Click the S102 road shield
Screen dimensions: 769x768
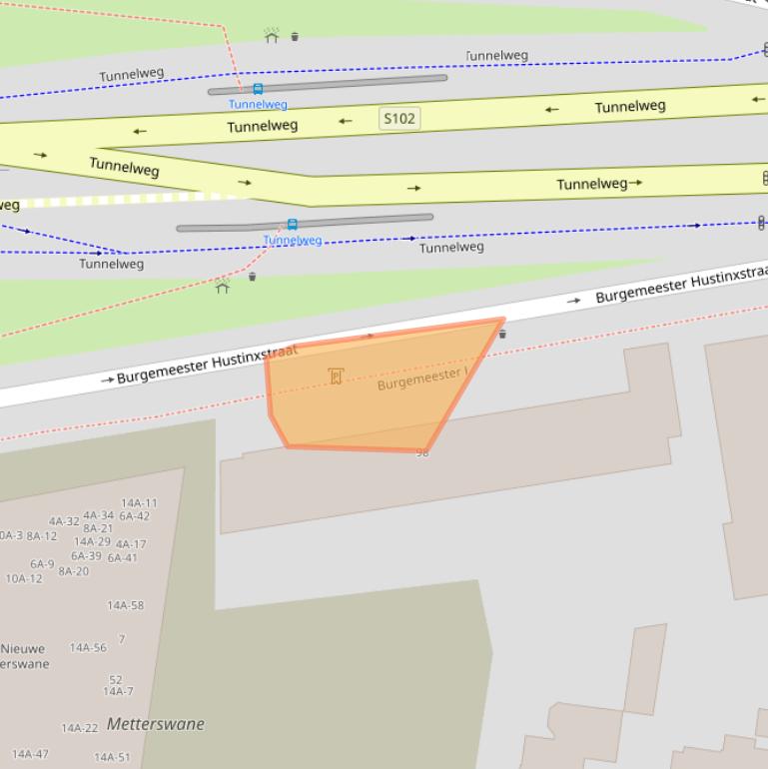398,119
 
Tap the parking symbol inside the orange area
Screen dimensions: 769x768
336,377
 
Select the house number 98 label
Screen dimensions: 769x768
421,453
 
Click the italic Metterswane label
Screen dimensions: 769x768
155,724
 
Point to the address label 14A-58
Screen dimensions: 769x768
125,605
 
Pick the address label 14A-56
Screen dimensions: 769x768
88,648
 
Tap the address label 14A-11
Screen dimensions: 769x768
139,503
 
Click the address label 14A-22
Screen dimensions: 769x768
80,729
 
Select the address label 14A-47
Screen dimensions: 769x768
30,754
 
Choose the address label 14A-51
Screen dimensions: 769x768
112,757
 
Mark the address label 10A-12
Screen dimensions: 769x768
24,578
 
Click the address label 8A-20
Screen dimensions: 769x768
73,571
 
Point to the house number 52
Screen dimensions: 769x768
116,680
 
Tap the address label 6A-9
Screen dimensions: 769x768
42,564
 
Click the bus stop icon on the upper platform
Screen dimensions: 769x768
258,89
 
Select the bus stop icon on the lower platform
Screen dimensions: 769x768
292,225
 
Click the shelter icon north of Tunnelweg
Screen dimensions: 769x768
272,36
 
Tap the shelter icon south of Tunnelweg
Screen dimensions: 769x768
223,287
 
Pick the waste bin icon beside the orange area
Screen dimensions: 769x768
502,334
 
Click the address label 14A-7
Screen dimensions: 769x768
118,691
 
